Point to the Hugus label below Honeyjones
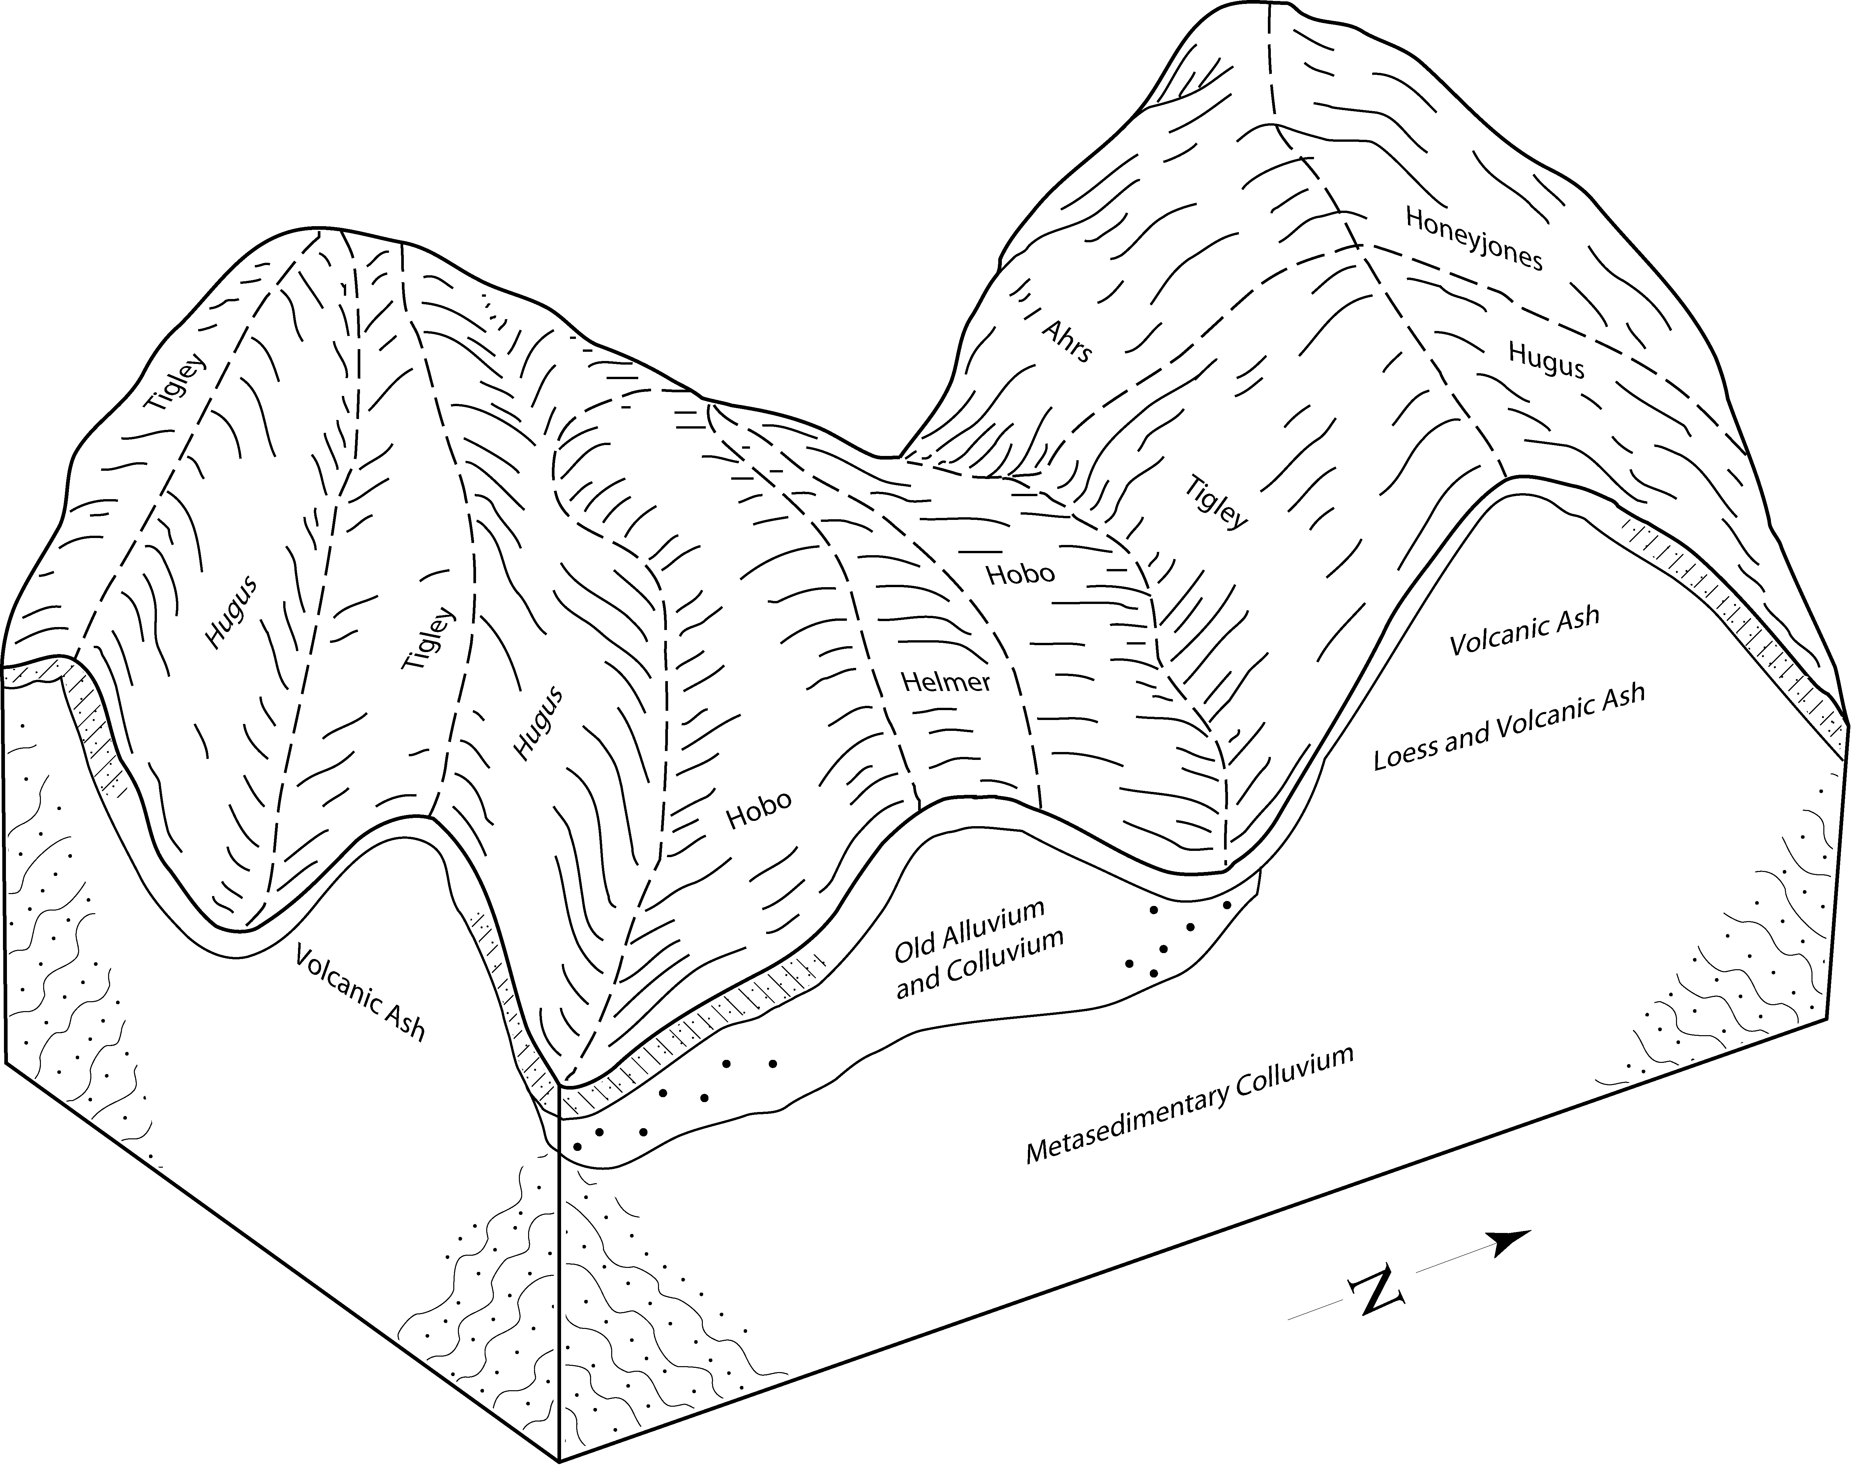pos(1545,360)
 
